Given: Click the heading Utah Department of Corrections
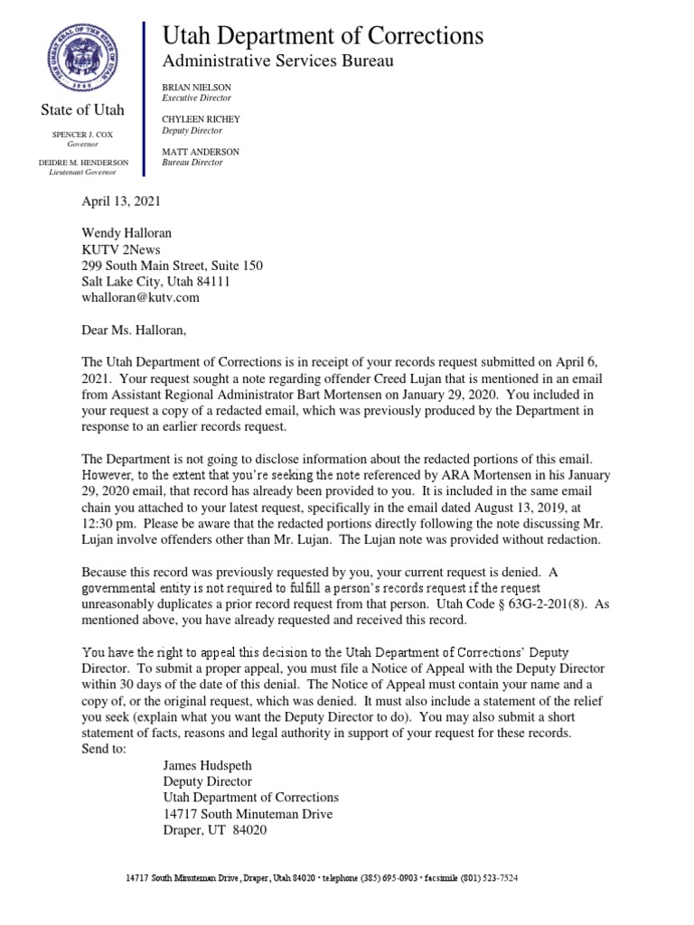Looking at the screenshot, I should click(x=322, y=35).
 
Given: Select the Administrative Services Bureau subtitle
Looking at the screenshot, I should click(x=277, y=61).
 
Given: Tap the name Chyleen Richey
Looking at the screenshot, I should click(x=201, y=119).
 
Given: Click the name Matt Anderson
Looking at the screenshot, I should click(x=200, y=151).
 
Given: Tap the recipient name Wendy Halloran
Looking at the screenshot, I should click(x=127, y=233).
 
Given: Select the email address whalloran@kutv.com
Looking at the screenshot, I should click(x=140, y=296).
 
